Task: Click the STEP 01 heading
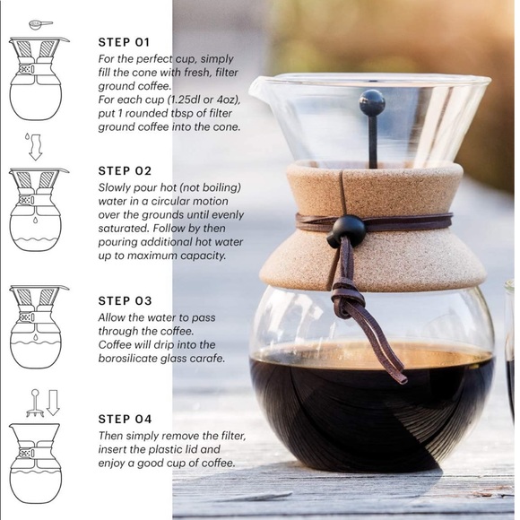coord(124,42)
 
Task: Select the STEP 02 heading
coord(125,170)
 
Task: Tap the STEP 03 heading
coord(125,300)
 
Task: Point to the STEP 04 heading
coord(125,419)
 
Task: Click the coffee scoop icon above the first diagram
coord(40,24)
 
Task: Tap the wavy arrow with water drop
coord(34,147)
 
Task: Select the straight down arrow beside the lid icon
coord(53,403)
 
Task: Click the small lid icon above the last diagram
coord(35,403)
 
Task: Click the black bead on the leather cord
coord(347,231)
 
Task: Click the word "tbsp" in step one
coord(182,114)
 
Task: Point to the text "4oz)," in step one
coord(228,100)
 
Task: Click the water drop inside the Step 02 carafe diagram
coord(34,220)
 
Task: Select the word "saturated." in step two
coord(124,229)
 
